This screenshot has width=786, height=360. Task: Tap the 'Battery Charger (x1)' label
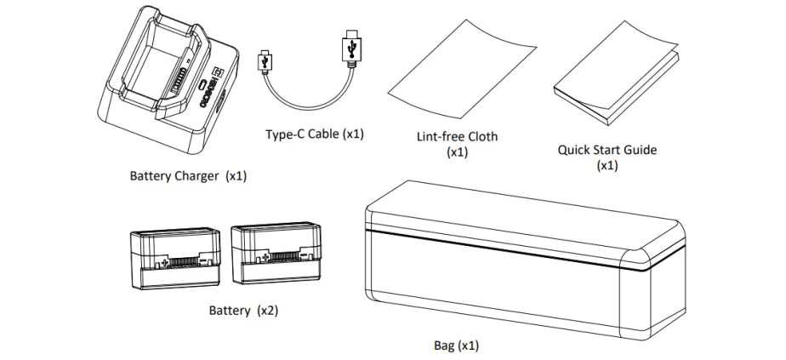(188, 177)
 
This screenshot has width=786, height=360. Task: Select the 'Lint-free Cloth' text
(458, 136)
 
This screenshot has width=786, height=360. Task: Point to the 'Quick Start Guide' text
(607, 150)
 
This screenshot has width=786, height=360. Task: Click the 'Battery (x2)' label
(243, 310)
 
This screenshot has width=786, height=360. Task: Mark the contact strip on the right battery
(280, 255)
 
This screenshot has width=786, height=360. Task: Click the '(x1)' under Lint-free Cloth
(458, 152)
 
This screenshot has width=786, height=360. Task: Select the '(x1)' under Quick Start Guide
(607, 165)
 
